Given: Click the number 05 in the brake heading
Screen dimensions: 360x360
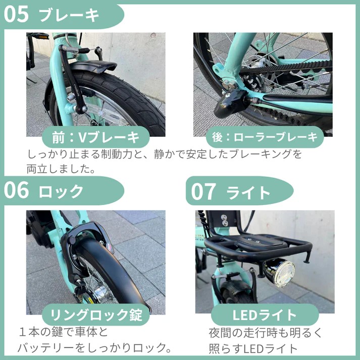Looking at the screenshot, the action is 16,14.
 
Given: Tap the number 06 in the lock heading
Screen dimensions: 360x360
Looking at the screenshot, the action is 16,190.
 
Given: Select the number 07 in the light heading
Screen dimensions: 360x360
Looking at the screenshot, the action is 203,191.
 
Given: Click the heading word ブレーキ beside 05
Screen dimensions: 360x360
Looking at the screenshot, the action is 69,15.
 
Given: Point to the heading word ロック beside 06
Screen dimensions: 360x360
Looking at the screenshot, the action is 61,191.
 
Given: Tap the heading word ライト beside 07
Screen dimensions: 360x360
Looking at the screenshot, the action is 248,192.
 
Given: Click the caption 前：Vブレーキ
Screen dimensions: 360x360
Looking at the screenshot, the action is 95,137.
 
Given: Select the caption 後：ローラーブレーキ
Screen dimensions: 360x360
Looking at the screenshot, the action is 265,137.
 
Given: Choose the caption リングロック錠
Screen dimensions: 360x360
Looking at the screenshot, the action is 96,315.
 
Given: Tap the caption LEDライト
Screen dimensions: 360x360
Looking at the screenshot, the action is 265,315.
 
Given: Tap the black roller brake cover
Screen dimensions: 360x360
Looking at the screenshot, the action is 230,104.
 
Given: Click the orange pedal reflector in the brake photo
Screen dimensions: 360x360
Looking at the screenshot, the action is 42,36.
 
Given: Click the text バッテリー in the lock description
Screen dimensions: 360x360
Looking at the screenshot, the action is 46,347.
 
